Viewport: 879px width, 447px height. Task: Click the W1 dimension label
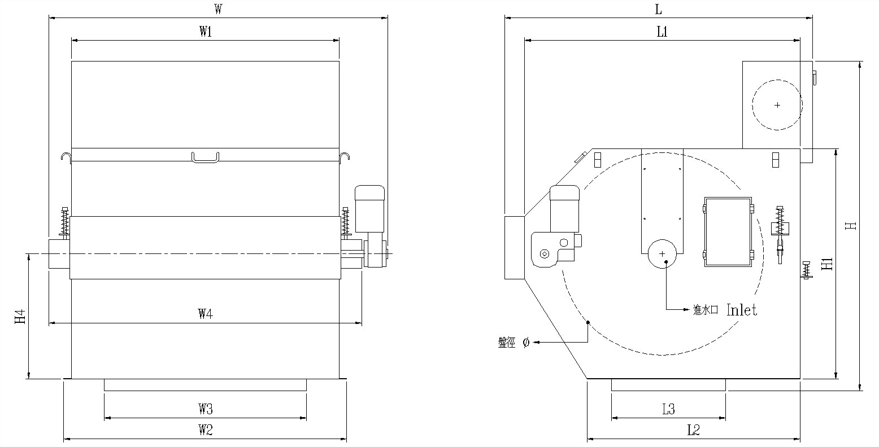click(205, 32)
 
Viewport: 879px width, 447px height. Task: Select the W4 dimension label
click(205, 315)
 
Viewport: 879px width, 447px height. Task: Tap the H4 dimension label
click(20, 316)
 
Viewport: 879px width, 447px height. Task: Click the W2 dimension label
click(205, 430)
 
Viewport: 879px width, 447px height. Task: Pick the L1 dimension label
click(662, 32)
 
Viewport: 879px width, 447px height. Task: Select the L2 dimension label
click(694, 430)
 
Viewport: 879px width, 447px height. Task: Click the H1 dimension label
click(828, 264)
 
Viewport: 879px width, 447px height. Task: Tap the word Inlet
click(741, 309)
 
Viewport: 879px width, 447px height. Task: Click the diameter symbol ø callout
click(526, 342)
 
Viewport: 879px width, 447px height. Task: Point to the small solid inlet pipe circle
click(663, 255)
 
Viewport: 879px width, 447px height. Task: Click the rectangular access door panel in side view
click(728, 231)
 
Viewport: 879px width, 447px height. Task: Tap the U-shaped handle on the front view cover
click(205, 157)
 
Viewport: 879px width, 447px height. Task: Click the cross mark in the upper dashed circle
click(777, 105)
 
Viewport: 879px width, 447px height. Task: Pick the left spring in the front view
click(64, 222)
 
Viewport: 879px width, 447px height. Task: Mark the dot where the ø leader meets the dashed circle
click(588, 322)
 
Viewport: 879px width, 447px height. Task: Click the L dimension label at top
click(658, 10)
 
